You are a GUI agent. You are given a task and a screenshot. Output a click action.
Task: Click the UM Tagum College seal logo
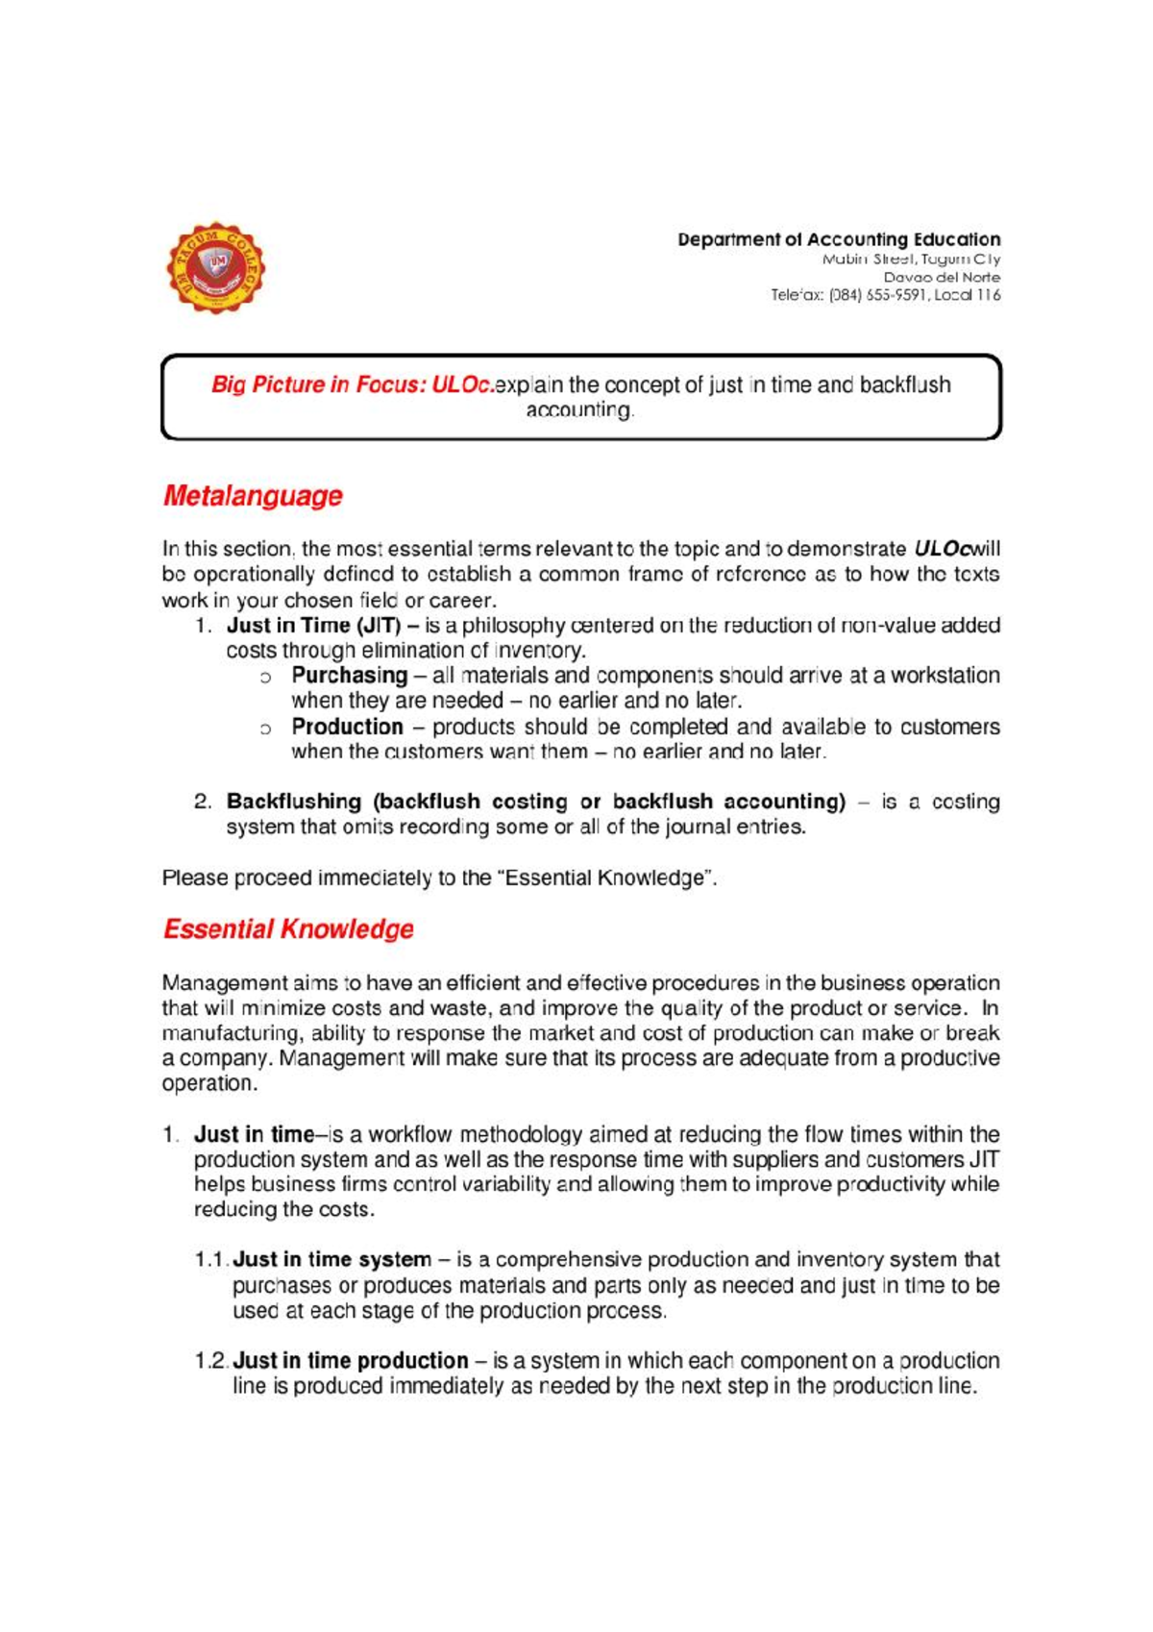pyautogui.click(x=216, y=267)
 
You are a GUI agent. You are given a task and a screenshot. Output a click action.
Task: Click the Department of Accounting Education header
pyautogui.click(x=838, y=239)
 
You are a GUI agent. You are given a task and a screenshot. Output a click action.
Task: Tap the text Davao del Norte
pyautogui.click(x=942, y=277)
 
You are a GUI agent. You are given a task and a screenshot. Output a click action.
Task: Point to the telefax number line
pyautogui.click(x=885, y=295)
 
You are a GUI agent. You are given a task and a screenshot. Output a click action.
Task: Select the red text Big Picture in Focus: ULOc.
pyautogui.click(x=353, y=384)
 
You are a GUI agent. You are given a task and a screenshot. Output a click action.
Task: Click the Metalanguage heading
pyautogui.click(x=253, y=496)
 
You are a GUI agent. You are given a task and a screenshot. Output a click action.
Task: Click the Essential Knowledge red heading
pyautogui.click(x=288, y=929)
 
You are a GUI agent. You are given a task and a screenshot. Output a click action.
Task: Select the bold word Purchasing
pyautogui.click(x=350, y=676)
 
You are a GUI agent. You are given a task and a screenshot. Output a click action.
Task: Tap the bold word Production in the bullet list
pyautogui.click(x=347, y=727)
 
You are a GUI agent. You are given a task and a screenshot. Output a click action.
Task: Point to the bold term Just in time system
pyautogui.click(x=331, y=1259)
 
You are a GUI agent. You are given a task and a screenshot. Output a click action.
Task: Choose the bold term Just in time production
pyautogui.click(x=350, y=1361)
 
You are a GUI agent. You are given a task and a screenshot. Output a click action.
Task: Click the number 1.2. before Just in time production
pyautogui.click(x=211, y=1361)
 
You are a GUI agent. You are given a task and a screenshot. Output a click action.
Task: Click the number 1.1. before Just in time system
pyautogui.click(x=211, y=1259)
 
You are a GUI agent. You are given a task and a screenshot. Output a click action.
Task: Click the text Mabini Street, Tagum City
pyautogui.click(x=910, y=259)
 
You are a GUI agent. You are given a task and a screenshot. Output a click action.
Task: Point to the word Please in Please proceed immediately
pyautogui.click(x=195, y=878)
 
